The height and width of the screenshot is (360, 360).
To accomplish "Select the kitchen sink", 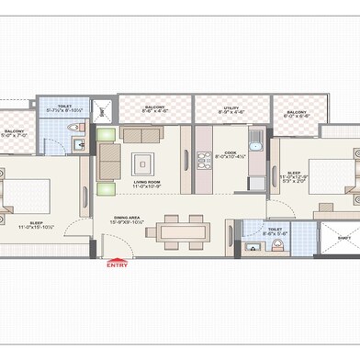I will click(256, 142).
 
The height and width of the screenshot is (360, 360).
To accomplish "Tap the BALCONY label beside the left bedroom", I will click(14, 131).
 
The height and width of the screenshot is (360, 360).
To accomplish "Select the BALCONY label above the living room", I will click(154, 107).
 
